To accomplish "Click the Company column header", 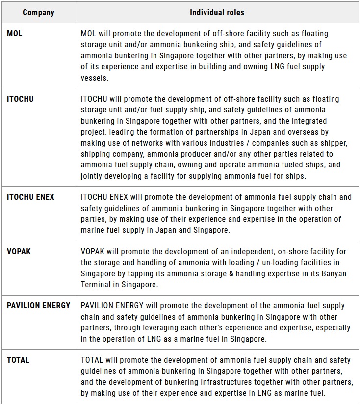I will tap(38, 12).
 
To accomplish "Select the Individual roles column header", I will tap(217, 12).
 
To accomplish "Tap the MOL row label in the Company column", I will tap(15, 34).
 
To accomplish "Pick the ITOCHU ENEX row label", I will tap(30, 197).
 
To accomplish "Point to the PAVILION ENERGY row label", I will tap(38, 306).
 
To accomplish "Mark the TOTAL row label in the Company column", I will tap(18, 360).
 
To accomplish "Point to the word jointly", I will tap(93, 175).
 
